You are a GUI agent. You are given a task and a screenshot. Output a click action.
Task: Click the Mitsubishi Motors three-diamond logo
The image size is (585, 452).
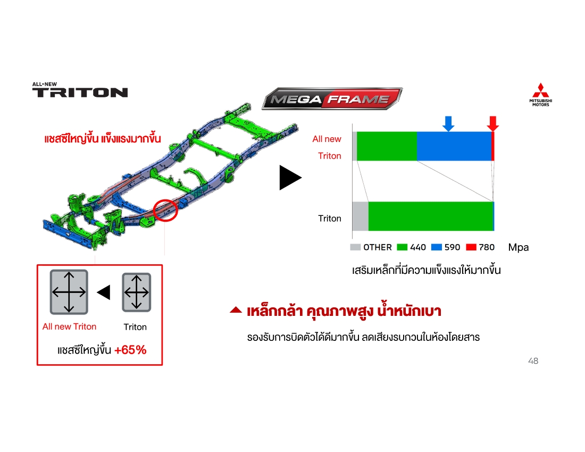541,94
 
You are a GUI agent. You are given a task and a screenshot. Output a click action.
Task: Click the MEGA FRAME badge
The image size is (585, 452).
332,99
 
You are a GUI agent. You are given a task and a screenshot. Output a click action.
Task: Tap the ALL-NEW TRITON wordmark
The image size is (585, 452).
80,90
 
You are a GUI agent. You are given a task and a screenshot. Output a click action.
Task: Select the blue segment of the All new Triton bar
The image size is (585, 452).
454,146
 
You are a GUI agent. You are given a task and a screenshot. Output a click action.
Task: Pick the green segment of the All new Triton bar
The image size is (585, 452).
387,146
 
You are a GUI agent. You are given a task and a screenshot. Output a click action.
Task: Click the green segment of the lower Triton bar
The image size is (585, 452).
431,216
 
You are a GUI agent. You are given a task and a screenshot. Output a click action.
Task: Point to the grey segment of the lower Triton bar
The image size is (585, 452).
361,216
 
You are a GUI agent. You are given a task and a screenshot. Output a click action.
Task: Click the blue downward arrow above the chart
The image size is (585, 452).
448,124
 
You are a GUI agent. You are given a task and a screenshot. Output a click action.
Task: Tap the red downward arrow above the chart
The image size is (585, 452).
493,124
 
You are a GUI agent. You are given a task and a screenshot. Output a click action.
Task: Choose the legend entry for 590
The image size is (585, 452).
446,247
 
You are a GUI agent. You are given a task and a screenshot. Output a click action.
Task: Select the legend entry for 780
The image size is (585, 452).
480,247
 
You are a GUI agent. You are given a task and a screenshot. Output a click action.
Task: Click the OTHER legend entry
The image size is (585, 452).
371,247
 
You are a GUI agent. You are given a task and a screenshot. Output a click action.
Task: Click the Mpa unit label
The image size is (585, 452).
518,247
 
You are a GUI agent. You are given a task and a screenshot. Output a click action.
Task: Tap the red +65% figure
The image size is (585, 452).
130,350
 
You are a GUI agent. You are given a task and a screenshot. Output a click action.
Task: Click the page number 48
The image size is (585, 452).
533,361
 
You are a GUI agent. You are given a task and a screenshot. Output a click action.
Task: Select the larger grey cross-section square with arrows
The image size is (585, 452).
69,292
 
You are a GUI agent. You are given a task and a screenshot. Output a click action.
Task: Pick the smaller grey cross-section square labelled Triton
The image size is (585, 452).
137,292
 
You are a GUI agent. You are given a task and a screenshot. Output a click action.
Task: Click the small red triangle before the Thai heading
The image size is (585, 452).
236,309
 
